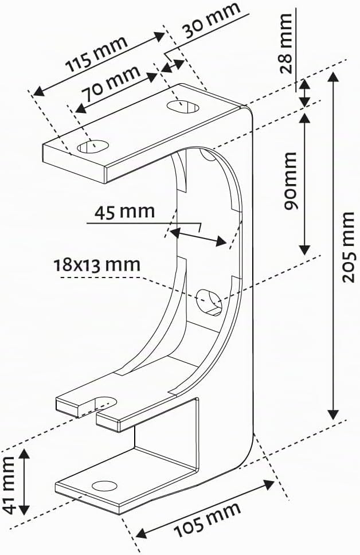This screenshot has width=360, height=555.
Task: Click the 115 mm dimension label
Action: [x=97, y=53]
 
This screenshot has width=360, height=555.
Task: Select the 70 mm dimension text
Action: [x=111, y=83]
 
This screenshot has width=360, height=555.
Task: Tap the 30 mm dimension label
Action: [x=212, y=21]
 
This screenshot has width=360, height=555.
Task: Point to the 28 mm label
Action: [x=285, y=43]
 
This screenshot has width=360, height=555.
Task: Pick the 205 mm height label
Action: [x=349, y=247]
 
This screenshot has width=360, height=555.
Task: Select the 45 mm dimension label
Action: [x=124, y=212]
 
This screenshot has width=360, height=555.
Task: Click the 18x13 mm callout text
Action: [x=97, y=265]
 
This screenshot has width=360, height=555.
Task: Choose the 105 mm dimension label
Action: [x=208, y=519]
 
